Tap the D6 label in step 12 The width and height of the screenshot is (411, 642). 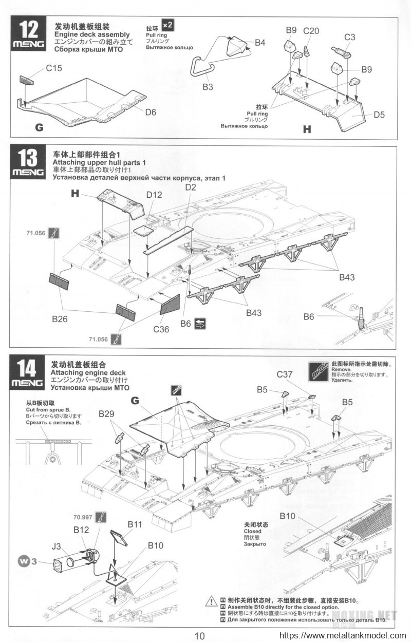click(x=150, y=112)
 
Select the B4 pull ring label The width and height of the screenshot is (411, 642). click(x=260, y=43)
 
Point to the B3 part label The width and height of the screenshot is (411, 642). click(x=208, y=87)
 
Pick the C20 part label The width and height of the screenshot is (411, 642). click(x=311, y=31)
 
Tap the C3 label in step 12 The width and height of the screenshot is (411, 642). click(x=350, y=36)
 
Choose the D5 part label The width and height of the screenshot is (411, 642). click(x=379, y=115)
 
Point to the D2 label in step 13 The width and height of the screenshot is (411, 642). click(x=191, y=188)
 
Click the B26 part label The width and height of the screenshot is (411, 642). click(x=60, y=319)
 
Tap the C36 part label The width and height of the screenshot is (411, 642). click(x=161, y=329)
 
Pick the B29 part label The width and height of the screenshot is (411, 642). click(x=108, y=414)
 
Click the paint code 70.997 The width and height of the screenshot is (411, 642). click(x=83, y=517)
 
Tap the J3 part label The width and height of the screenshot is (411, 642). click(x=59, y=546)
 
